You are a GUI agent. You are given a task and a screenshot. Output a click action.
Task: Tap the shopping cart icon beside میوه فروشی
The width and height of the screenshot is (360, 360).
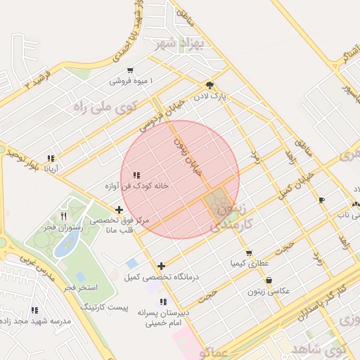[131, 70]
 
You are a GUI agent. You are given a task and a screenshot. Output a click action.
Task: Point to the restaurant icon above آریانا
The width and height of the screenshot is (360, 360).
[50, 158]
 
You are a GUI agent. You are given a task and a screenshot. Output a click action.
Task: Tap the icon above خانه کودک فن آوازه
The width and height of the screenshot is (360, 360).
[136, 175]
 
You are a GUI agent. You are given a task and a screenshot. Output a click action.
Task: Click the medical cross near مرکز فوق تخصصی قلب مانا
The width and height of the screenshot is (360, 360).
[120, 209]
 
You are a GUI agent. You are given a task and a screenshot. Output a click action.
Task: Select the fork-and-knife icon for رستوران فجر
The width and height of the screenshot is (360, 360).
[64, 216]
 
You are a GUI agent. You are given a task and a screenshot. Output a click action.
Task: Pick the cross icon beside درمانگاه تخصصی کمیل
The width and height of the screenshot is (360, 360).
[162, 266]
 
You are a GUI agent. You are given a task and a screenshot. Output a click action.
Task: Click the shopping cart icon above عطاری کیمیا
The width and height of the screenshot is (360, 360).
[248, 253]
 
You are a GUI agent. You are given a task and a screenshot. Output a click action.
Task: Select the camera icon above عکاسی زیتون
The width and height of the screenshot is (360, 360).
[269, 280]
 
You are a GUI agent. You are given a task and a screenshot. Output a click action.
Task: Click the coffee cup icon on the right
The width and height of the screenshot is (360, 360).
[322, 200]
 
